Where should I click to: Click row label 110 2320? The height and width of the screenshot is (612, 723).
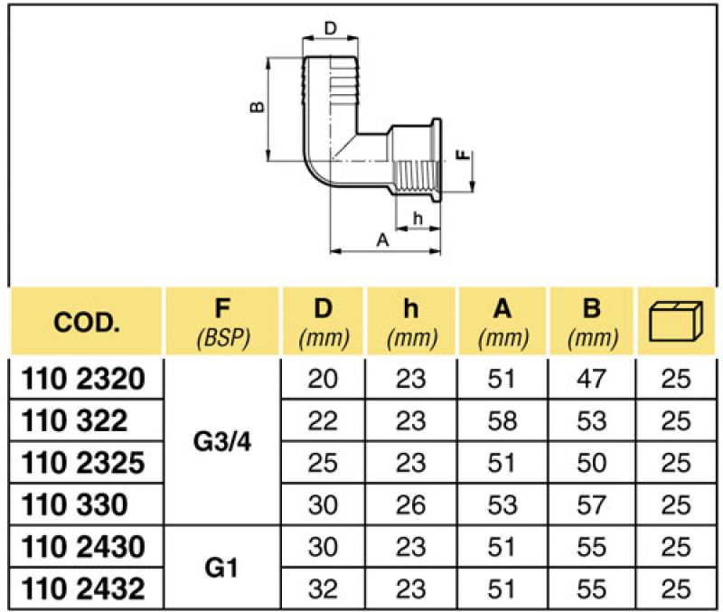[x=83, y=379]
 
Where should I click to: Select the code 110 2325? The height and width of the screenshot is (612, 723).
[x=83, y=463]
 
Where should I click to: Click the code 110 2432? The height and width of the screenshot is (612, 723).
[x=83, y=589]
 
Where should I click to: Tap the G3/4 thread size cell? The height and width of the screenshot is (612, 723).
[x=222, y=442]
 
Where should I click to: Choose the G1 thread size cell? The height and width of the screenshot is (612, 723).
[x=222, y=569]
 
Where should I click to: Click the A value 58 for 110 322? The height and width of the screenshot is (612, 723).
[x=502, y=421]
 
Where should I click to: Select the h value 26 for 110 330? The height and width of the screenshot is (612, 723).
[x=411, y=505]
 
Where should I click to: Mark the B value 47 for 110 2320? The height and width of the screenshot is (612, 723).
[x=592, y=379]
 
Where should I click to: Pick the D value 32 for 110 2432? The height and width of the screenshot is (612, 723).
[x=323, y=589]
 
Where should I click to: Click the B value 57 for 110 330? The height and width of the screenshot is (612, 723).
[x=592, y=505]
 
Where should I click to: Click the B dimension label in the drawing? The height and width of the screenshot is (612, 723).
[x=258, y=107]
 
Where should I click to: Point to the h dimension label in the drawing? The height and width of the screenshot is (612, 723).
[x=418, y=218]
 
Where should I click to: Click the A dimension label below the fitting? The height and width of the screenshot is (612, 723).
[x=382, y=240]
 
